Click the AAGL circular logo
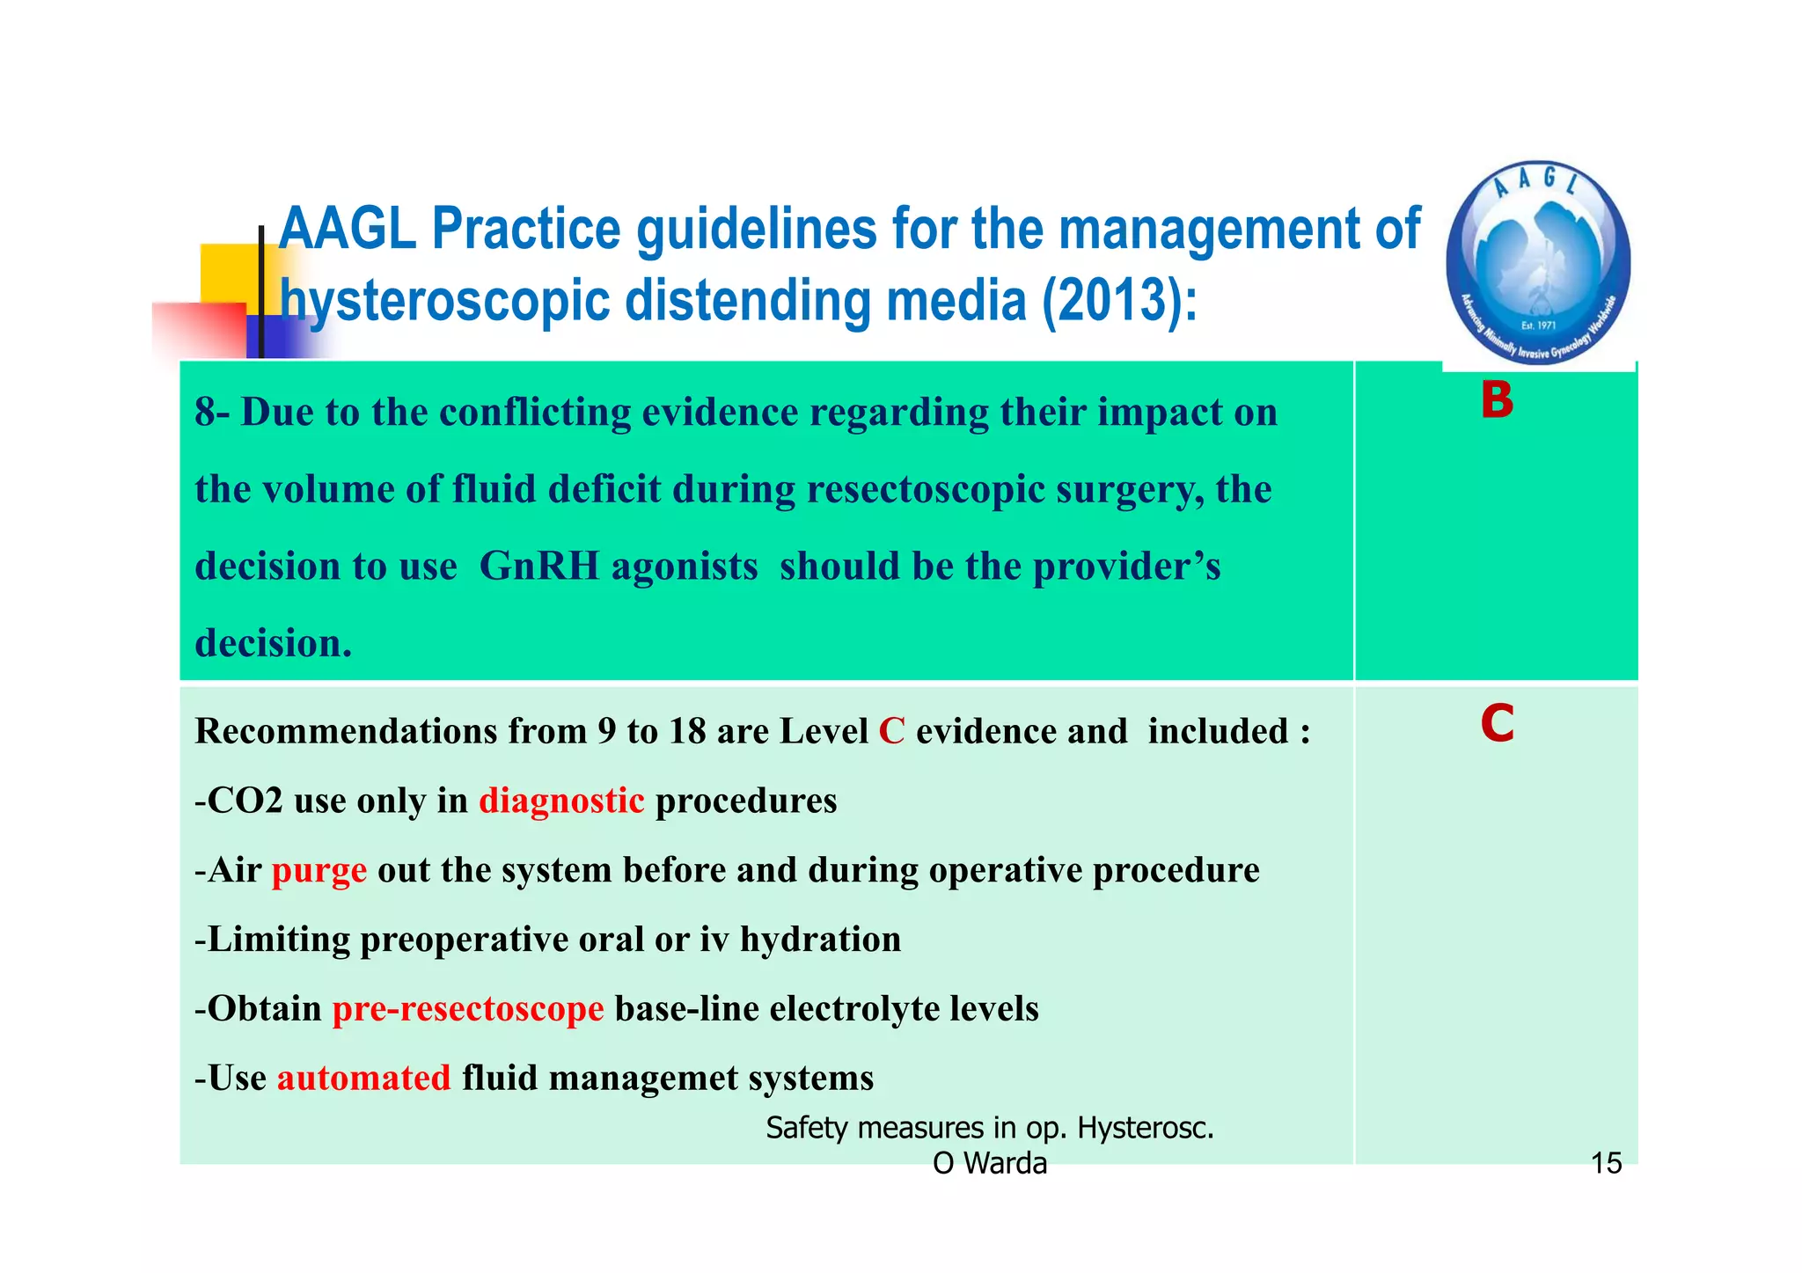(x=1538, y=263)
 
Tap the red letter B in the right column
(x=1497, y=401)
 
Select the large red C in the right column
(x=1497, y=725)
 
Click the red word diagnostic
(x=561, y=801)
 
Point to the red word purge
(x=319, y=871)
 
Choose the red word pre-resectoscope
(x=468, y=1008)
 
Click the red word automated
(x=363, y=1078)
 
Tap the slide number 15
(x=1606, y=1163)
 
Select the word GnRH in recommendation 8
(x=539, y=566)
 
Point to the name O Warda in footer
(x=990, y=1163)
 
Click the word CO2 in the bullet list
(x=245, y=801)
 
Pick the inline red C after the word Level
(x=891, y=731)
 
